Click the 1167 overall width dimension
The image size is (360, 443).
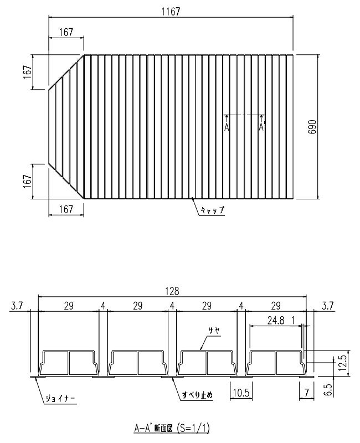(172, 12)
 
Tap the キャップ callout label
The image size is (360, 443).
(214, 210)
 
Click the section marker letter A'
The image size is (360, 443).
(262, 126)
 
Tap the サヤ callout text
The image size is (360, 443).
(214, 330)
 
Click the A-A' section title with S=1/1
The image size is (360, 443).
(172, 428)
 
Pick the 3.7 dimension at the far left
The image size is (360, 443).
(16, 305)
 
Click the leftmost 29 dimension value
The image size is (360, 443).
(69, 305)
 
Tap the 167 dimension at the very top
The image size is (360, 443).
(66, 33)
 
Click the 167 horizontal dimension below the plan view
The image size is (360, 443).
(66, 209)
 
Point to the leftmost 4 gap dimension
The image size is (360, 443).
(103, 305)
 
